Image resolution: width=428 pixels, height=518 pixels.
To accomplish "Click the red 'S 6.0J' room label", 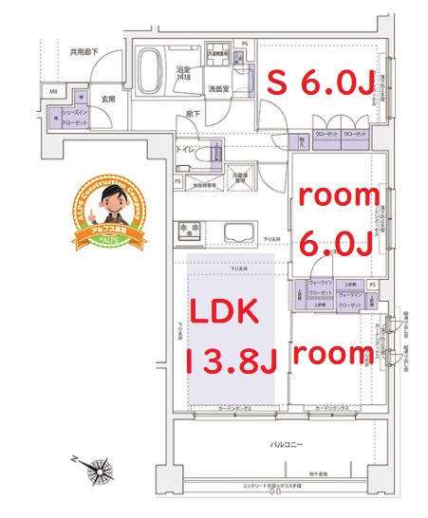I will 310,83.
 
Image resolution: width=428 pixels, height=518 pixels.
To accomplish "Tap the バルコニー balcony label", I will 285,443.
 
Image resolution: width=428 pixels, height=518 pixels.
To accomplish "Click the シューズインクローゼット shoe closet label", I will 74,118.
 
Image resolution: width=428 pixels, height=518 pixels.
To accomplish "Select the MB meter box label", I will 52,92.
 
